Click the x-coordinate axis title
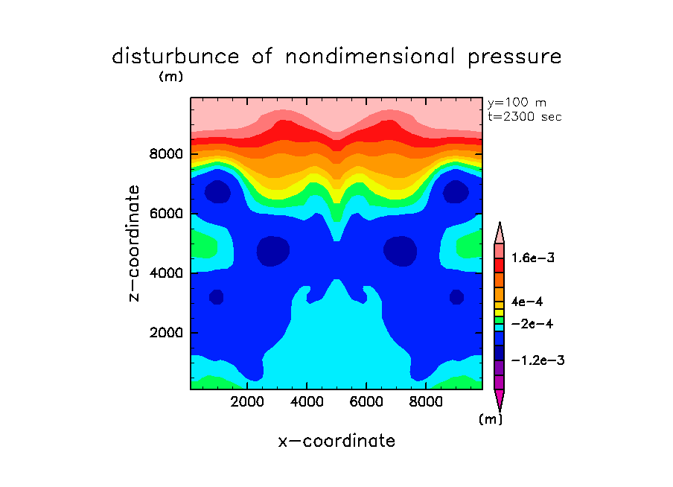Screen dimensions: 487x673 tap(336, 441)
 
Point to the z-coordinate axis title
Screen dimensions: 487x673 tap(135, 243)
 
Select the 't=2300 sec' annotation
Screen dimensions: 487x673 tap(525, 116)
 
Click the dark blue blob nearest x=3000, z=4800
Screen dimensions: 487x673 tap(273, 252)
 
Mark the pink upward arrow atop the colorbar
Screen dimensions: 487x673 tap(500, 232)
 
